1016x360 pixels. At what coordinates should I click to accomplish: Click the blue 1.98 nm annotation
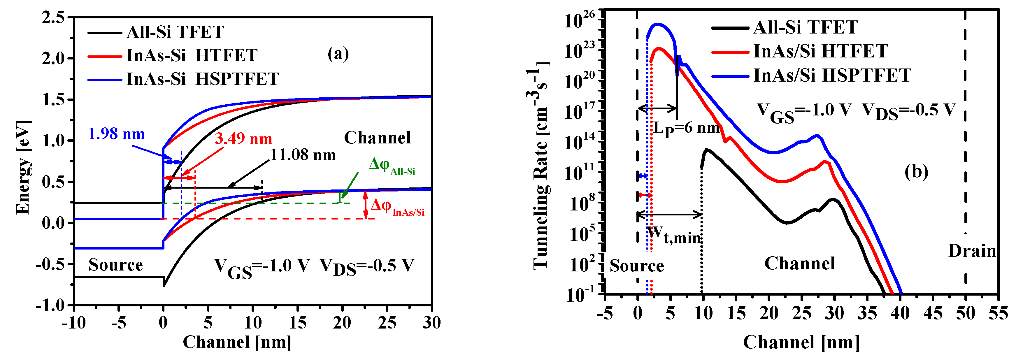tap(116, 134)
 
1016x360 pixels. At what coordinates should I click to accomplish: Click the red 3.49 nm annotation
tap(243, 139)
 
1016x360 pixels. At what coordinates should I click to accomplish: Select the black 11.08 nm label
tap(303, 155)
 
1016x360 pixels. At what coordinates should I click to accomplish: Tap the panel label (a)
tap(338, 54)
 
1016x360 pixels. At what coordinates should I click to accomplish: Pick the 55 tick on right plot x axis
tap(998, 313)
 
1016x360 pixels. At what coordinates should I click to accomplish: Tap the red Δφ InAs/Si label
tap(397, 207)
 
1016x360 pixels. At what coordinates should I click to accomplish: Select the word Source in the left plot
tap(115, 265)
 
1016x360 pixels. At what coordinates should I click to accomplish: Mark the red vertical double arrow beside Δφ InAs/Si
tap(366, 205)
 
